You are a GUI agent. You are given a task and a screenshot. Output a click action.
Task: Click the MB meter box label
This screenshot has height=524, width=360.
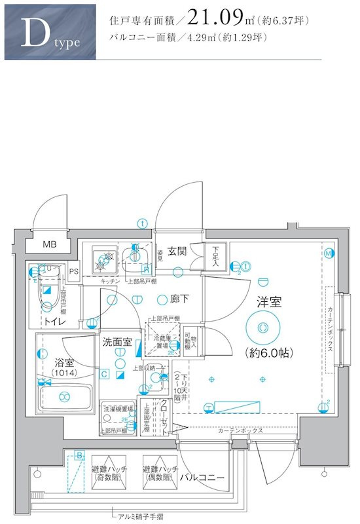tap(50, 245)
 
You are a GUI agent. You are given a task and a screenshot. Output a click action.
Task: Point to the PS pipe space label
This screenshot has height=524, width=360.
tap(73, 271)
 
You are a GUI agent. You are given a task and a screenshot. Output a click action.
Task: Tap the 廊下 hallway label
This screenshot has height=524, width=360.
tap(179, 299)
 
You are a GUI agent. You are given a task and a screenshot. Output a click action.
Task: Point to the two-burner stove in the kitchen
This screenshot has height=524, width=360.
tap(103, 261)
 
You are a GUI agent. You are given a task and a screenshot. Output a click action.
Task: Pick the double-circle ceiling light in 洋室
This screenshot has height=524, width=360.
tap(262, 326)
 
